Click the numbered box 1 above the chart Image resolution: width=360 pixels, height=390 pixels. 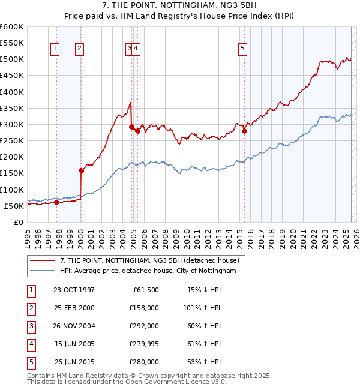[x=55, y=49]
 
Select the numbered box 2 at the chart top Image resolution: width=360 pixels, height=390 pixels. [x=79, y=49]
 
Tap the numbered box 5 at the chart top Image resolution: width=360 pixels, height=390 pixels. [x=242, y=49]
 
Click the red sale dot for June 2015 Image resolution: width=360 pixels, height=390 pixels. [x=244, y=131]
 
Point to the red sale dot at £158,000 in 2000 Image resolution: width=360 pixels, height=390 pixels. [x=81, y=170]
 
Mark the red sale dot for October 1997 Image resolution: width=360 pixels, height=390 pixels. [x=56, y=202]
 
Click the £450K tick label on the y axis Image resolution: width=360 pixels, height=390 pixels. [x=11, y=76]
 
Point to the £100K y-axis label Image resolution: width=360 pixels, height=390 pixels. [x=11, y=190]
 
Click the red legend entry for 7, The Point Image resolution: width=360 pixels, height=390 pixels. [x=149, y=260]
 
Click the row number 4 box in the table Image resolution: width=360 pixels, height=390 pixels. [x=30, y=344]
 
